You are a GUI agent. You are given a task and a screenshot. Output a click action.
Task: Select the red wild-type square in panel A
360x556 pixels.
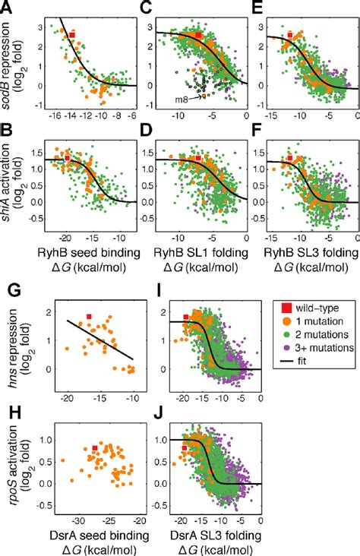(x=72, y=35)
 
